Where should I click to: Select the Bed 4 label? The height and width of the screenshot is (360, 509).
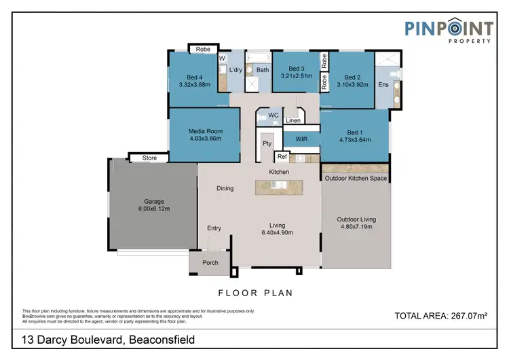(x=195, y=77)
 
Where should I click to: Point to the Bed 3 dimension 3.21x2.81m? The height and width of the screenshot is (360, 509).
(x=296, y=76)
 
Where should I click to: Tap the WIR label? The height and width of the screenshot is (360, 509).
(x=301, y=139)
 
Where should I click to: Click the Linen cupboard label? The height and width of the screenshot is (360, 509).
(x=293, y=121)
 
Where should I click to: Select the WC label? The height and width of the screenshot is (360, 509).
(x=274, y=115)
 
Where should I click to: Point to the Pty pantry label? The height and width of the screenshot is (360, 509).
(x=267, y=144)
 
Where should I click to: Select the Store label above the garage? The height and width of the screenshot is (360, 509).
(x=149, y=158)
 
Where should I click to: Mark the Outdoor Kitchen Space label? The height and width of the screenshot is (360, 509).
(x=356, y=179)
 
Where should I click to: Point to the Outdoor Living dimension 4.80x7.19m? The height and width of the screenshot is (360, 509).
(x=356, y=228)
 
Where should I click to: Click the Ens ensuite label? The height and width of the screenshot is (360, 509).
(x=383, y=85)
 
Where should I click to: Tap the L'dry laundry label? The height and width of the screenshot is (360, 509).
(x=235, y=70)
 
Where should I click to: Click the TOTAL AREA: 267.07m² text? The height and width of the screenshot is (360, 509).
(x=441, y=316)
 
